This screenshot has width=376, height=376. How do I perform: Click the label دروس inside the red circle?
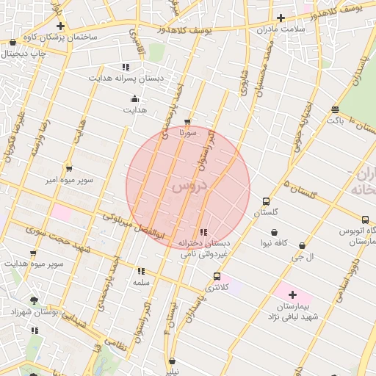click(x=189, y=187)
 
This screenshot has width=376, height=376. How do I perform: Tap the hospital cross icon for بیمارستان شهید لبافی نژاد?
click(x=292, y=294)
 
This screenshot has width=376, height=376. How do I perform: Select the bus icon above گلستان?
click(x=266, y=201)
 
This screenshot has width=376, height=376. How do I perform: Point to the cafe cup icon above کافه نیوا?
click(x=274, y=232)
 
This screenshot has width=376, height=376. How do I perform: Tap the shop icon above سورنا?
click(x=188, y=123)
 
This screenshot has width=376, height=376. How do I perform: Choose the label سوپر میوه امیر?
click(x=70, y=179)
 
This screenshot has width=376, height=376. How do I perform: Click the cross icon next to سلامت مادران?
click(x=281, y=18)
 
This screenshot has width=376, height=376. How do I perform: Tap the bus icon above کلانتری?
click(x=216, y=276)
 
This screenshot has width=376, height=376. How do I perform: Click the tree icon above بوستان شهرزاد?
click(x=35, y=300)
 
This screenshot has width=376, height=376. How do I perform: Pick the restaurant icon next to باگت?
click(x=336, y=109)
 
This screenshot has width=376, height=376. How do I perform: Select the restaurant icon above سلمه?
click(x=140, y=271)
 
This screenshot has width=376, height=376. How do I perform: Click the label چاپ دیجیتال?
click(x=23, y=54)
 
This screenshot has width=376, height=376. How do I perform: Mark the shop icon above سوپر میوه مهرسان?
click(x=33, y=253)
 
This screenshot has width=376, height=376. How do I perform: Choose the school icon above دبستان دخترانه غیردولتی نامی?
click(x=203, y=232)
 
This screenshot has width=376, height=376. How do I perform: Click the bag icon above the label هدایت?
click(x=134, y=99)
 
